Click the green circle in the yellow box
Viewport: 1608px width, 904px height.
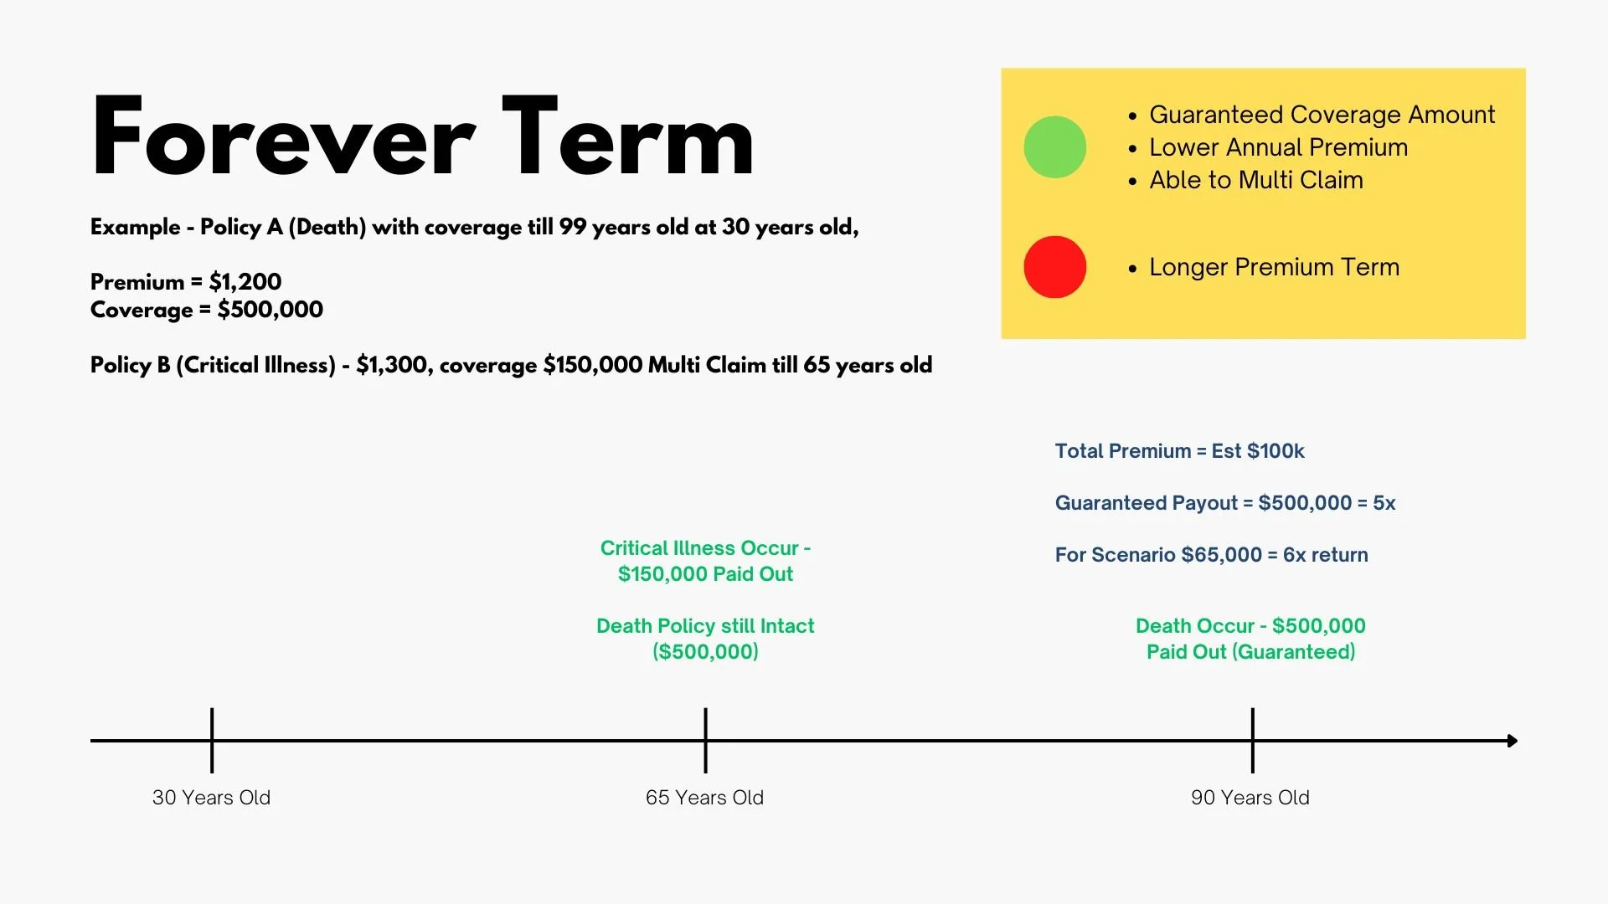point(1055,147)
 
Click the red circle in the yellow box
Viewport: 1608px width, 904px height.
point(1055,267)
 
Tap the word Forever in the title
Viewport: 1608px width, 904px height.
point(284,137)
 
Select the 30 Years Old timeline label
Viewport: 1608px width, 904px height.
point(211,798)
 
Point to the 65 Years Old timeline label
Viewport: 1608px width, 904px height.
point(704,798)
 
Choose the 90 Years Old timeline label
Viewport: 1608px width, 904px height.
point(1250,798)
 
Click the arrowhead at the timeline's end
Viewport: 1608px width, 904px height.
point(1513,741)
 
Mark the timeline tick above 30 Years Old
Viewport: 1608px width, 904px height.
point(212,741)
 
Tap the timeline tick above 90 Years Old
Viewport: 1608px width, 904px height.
point(1253,741)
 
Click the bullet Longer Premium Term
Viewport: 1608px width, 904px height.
point(1264,267)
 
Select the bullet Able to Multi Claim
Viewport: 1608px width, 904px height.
point(1245,180)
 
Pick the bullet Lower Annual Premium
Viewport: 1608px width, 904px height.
point(1268,147)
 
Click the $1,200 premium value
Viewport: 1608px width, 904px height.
point(245,282)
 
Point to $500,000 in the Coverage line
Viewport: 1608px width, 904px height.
point(271,310)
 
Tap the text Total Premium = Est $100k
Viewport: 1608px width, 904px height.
point(1180,451)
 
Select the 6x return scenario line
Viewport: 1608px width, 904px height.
point(1212,555)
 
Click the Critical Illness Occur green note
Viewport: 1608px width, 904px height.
point(705,561)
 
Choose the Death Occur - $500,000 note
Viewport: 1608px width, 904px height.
point(1250,639)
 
